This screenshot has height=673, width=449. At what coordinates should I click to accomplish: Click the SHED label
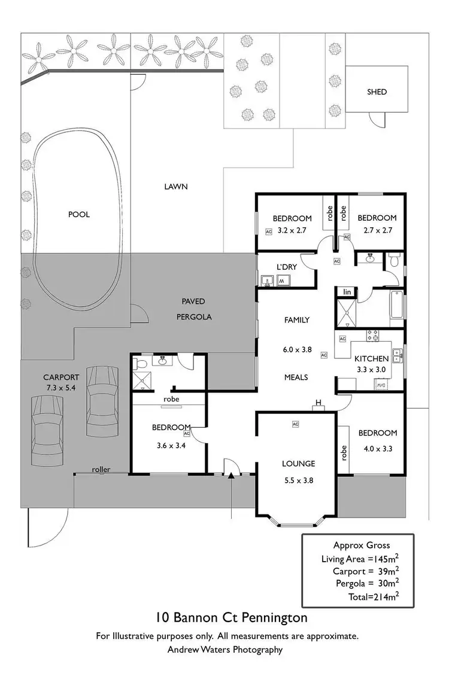pyautogui.click(x=377, y=92)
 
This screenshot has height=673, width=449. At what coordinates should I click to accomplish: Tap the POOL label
pyautogui.click(x=78, y=214)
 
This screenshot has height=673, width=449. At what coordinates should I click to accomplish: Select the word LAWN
pyautogui.click(x=176, y=187)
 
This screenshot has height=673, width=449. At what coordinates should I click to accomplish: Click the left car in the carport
pyautogui.click(x=45, y=425)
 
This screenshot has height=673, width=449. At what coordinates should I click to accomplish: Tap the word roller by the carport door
pyautogui.click(x=101, y=470)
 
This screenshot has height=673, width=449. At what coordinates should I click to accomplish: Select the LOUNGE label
pyautogui.click(x=298, y=463)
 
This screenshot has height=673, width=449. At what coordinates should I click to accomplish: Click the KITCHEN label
pyautogui.click(x=372, y=358)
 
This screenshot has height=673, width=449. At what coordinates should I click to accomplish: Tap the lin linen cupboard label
pyautogui.click(x=346, y=292)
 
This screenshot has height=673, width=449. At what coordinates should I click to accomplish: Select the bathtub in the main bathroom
pyautogui.click(x=397, y=307)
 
